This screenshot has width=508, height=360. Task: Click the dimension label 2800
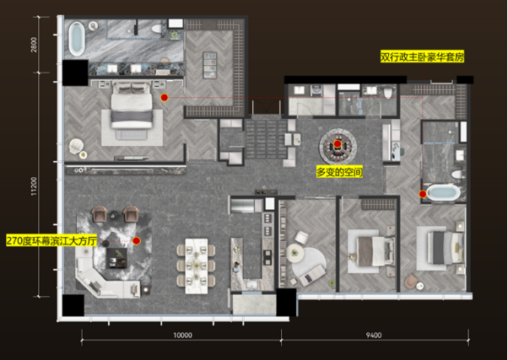(x=34, y=45)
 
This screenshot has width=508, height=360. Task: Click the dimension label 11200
(x=34, y=186)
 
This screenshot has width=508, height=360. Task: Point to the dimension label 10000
(x=183, y=336)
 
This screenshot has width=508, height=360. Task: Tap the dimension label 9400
(x=374, y=336)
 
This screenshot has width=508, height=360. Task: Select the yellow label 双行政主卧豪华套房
(x=422, y=57)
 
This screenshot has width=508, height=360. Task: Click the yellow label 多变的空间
(x=339, y=172)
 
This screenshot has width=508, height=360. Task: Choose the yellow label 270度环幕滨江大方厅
(x=51, y=240)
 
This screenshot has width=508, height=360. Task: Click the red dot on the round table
(x=338, y=143)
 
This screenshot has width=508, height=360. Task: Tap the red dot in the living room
(x=137, y=240)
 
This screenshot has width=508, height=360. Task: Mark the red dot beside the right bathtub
(x=423, y=194)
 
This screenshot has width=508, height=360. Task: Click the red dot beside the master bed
(x=165, y=98)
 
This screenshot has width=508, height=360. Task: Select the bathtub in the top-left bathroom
(x=77, y=39)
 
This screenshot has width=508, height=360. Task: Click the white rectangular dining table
(x=197, y=266)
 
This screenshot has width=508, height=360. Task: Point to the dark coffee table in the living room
(x=116, y=258)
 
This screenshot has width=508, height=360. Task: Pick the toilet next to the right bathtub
(x=457, y=175)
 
